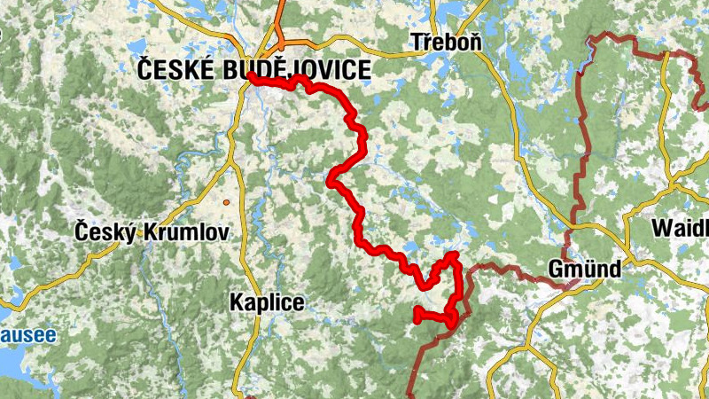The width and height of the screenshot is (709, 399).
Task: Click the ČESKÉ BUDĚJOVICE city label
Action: [x=253, y=70]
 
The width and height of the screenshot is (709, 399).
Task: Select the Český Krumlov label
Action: [x=152, y=232]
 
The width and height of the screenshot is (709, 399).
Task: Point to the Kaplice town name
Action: [x=266, y=302]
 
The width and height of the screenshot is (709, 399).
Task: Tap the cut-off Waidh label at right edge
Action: [x=680, y=228]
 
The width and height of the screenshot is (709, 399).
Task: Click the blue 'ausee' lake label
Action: [x=27, y=335]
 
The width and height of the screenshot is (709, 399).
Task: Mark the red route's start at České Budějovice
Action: [x=252, y=76]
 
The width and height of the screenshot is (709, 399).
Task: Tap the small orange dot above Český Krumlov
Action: [x=227, y=203]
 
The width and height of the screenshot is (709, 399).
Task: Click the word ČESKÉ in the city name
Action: [x=175, y=70]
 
